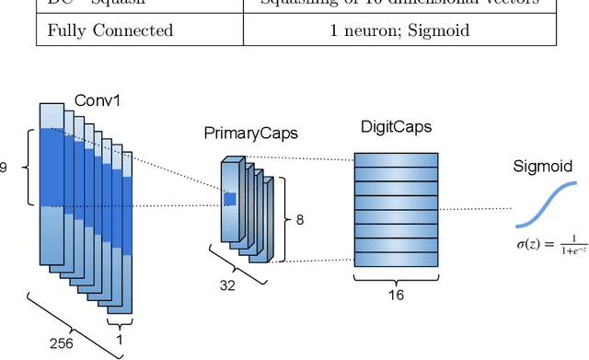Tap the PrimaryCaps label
coord(250,134)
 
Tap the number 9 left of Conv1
coord(4,168)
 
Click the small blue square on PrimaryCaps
coord(230,198)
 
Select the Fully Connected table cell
coord(110,30)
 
